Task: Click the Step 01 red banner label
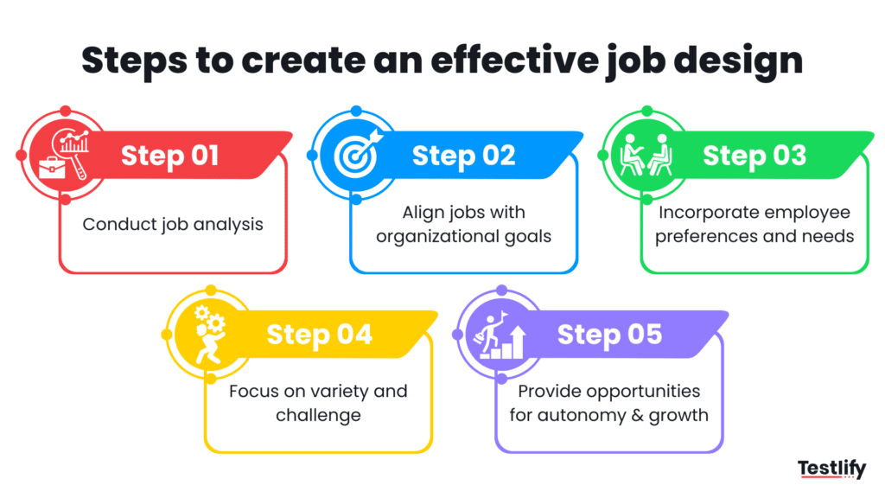pos(169,156)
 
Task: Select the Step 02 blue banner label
pos(463,156)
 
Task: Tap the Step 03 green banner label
pos(754,156)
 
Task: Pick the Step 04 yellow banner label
pos(319,335)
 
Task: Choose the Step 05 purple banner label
pos(609,335)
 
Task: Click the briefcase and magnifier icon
pos(61,156)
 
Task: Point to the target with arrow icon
pos(355,155)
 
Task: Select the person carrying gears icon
pos(208,334)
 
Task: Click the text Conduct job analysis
pos(173,224)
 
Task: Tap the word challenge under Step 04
pos(318,415)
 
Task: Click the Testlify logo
pos(831,469)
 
